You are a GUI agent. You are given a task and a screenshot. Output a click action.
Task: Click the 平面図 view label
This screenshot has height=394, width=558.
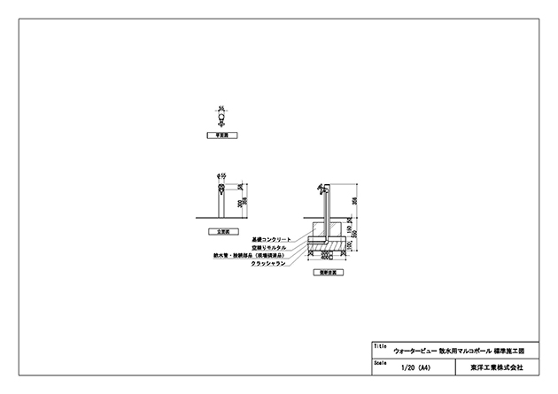[x=218, y=137]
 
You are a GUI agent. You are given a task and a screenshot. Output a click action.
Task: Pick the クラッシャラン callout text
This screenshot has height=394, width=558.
[x=269, y=263]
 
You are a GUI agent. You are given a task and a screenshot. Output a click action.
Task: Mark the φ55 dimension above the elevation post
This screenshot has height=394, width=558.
[x=221, y=175]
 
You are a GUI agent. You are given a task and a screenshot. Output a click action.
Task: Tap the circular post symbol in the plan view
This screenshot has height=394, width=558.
[x=221, y=120]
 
